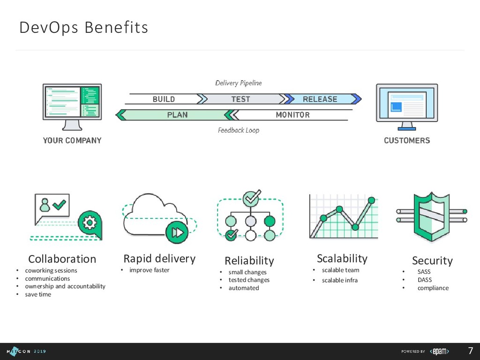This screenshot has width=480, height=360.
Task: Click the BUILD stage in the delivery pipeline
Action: point(164,99)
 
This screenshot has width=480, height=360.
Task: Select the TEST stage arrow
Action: point(240,99)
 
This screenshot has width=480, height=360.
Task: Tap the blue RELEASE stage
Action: point(320,99)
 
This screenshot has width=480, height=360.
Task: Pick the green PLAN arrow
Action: point(177,115)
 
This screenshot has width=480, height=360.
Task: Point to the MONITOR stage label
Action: point(292,115)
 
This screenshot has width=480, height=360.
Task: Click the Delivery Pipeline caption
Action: point(238,83)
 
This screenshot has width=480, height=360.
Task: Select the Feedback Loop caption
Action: point(238,130)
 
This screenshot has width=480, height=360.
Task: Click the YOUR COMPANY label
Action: point(72,140)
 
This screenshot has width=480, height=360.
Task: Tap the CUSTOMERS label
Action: point(407,140)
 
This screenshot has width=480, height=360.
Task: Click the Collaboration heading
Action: point(62,259)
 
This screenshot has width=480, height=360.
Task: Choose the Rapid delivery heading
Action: point(159,258)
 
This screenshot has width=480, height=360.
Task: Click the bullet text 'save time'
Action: point(38,294)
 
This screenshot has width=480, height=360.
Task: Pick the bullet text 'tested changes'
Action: point(249,280)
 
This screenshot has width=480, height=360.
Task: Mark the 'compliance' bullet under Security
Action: point(433,288)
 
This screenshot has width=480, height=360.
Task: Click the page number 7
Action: point(470,351)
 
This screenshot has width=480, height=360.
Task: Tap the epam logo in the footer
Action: point(440,351)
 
